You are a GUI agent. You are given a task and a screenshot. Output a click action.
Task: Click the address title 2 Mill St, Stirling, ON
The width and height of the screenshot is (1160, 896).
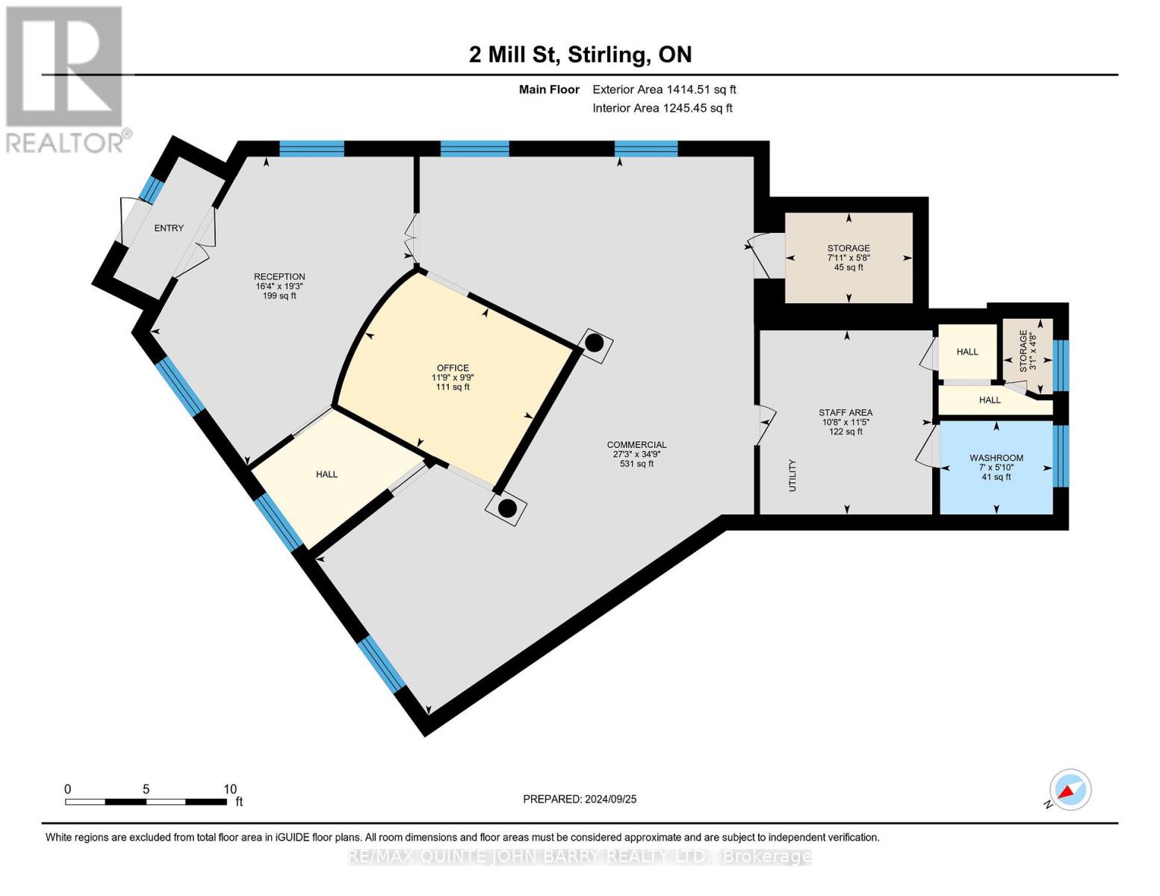coord(580,55)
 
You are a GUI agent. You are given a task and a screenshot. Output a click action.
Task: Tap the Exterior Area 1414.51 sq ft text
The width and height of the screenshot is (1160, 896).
coord(664,90)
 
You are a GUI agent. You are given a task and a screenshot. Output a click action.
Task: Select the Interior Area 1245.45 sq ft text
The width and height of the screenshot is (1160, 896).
coord(662,108)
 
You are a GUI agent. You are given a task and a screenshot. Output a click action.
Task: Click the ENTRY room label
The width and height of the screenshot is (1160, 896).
coord(169,228)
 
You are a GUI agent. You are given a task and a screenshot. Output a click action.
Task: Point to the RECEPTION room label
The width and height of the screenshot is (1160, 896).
coord(279,277)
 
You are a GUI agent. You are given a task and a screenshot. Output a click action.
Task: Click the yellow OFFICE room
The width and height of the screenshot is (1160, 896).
coord(453,377)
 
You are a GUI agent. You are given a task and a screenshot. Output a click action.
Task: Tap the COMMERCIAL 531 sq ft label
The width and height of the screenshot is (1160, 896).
coord(636,454)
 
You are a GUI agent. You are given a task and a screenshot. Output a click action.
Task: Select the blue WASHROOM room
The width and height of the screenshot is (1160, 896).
coord(996,467)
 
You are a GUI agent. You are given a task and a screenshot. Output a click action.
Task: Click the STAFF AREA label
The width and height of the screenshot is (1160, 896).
coord(845,413)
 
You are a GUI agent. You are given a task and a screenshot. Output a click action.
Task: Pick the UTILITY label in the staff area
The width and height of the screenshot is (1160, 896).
coord(793,475)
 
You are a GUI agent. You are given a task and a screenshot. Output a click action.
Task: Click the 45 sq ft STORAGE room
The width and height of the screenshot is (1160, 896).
coord(849,258)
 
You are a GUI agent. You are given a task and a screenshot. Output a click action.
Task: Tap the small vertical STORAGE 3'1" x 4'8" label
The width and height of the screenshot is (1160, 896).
coord(1028,351)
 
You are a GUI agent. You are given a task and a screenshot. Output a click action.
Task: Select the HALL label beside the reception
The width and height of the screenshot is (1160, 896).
coord(326,474)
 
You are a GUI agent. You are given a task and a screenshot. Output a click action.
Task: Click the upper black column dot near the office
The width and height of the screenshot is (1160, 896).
coord(594,343)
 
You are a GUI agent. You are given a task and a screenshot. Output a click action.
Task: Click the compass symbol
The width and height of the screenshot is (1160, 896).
coord(1070,790)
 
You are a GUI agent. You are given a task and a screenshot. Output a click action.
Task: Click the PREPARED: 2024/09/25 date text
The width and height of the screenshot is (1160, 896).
coord(580,799)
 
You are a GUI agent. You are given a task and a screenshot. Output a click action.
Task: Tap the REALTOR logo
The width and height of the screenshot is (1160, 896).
coord(66,78)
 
